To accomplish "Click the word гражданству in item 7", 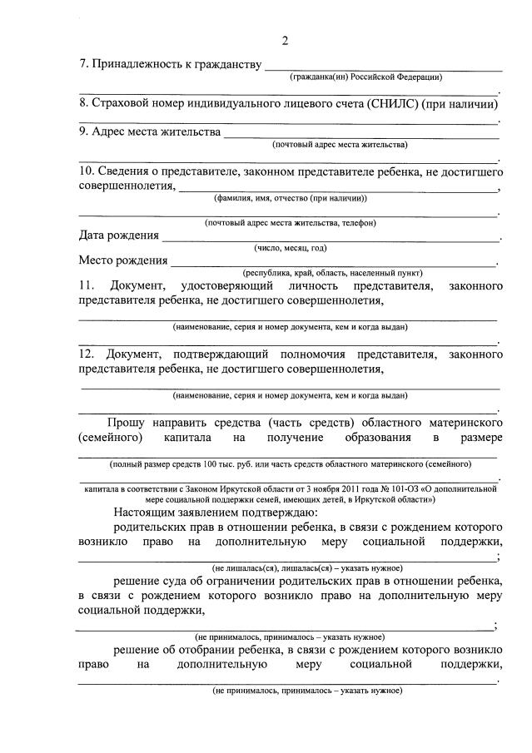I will (x=225, y=64).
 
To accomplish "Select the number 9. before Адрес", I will (x=83, y=131).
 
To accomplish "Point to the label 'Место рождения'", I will (x=123, y=260).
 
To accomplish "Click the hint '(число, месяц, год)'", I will (x=291, y=248).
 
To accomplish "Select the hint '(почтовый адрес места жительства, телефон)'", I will (x=290, y=222).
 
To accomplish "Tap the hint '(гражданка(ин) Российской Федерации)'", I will (x=365, y=77).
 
